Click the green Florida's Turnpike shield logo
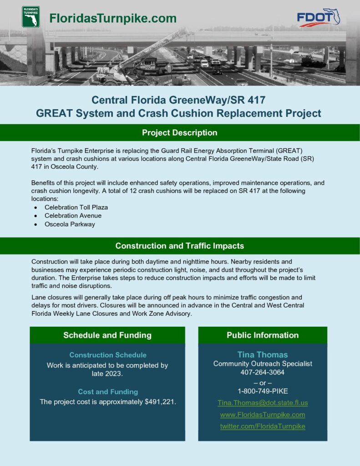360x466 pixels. click(x=31, y=17)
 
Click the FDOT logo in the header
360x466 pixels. click(x=319, y=18)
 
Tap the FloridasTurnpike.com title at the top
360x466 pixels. click(x=113, y=18)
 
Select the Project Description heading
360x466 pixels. click(x=180, y=132)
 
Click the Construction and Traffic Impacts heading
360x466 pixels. click(x=180, y=246)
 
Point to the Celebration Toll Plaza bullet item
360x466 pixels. click(x=76, y=208)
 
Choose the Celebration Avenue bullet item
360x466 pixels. click(x=73, y=216)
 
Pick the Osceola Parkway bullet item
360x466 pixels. click(x=70, y=224)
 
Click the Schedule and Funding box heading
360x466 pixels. click(x=107, y=335)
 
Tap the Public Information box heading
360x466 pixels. click(x=263, y=335)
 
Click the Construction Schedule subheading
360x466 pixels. click(x=108, y=355)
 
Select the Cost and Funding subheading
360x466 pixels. click(x=108, y=392)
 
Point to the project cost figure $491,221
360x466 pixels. click(x=160, y=402)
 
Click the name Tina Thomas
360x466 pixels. click(x=263, y=355)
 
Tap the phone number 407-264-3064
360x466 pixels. click(x=263, y=372)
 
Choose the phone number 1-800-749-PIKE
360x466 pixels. click(x=263, y=391)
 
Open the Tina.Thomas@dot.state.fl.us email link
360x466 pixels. click(x=263, y=403)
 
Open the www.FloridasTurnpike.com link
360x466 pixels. click(x=263, y=415)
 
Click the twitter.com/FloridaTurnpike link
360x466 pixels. click(x=263, y=426)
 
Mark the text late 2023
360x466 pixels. click(x=107, y=374)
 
